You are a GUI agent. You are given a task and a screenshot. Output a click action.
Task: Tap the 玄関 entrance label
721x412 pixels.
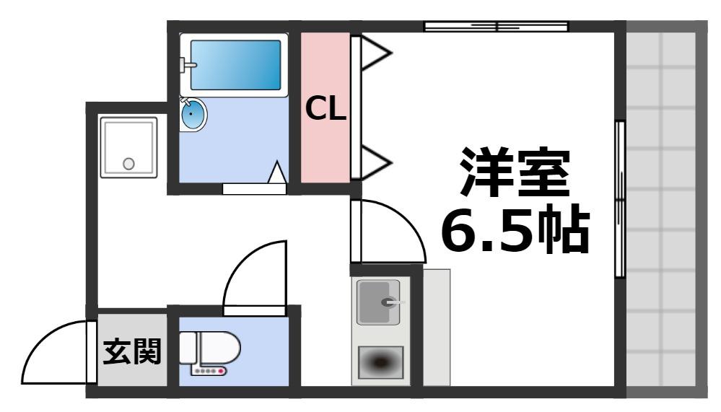coord(132,354)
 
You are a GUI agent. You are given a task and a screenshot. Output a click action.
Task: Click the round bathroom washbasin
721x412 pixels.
coord(193,114)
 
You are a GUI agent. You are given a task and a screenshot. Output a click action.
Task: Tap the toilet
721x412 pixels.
coord(209,349)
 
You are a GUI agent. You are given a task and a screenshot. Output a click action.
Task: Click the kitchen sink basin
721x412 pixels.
coord(379,302)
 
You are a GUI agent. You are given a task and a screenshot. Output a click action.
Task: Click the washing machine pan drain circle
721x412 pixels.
coord(128,163)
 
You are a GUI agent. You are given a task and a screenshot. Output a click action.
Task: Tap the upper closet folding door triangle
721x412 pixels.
coord(374,54)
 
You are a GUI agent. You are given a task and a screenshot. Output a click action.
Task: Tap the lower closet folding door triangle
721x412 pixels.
coord(374,162)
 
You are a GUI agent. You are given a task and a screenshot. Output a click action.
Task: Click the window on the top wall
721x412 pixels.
coord(495,27)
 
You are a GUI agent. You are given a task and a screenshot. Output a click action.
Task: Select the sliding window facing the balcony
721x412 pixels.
coord(619,198)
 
